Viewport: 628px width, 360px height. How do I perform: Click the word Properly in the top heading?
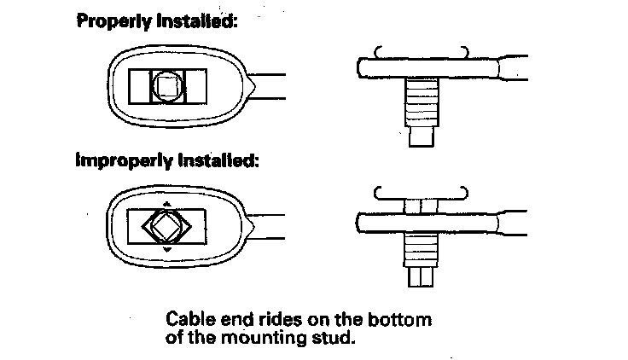(x=109, y=22)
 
